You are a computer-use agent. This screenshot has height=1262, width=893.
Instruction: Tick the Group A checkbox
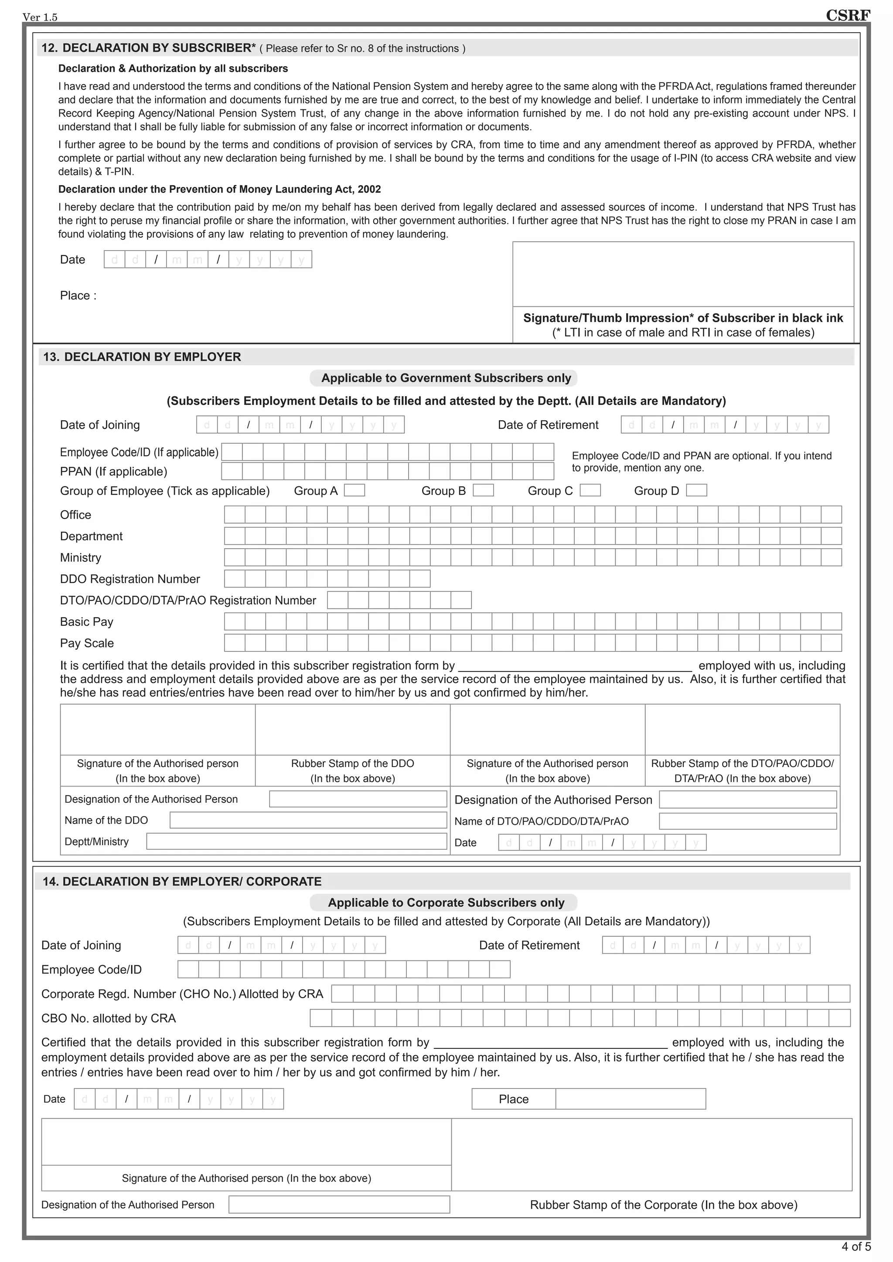pyautogui.click(x=354, y=490)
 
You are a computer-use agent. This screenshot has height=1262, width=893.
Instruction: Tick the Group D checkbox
pyautogui.click(x=696, y=490)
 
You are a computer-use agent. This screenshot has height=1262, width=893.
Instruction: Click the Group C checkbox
pyautogui.click(x=590, y=490)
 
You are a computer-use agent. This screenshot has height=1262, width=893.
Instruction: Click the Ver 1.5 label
pyautogui.click(x=40, y=17)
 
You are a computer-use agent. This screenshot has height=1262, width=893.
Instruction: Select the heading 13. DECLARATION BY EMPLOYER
pyautogui.click(x=142, y=357)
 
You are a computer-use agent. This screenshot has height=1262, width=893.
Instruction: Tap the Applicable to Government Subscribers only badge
pyautogui.click(x=446, y=378)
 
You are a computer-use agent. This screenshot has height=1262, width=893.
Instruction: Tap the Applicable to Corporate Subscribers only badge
pyautogui.click(x=446, y=902)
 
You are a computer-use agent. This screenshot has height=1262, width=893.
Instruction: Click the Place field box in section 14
pyautogui.click(x=630, y=1099)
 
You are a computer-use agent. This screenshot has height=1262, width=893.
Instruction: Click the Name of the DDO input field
pyautogui.click(x=308, y=820)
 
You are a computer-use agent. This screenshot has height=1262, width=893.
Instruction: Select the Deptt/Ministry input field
pyautogui.click(x=297, y=841)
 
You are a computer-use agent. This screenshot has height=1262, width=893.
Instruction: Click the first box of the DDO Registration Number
pyautogui.click(x=235, y=579)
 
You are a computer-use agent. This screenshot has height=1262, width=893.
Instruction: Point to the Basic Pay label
pyautogui.click(x=86, y=622)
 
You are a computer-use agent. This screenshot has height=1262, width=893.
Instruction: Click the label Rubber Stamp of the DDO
pyautogui.click(x=352, y=763)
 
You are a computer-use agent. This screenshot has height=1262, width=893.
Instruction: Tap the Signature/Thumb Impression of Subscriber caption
pyautogui.click(x=683, y=318)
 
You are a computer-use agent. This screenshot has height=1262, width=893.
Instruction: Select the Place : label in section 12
pyautogui.click(x=78, y=296)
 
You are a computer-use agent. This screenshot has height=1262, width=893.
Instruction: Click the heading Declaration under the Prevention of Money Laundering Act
pyautogui.click(x=219, y=189)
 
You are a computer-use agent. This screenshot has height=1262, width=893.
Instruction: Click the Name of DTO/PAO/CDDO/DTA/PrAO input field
pyautogui.click(x=748, y=821)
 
